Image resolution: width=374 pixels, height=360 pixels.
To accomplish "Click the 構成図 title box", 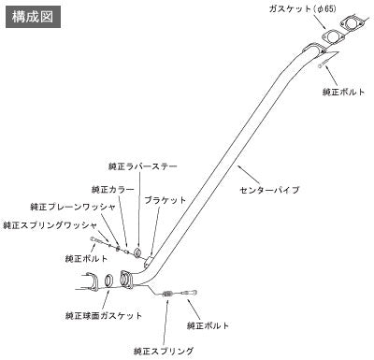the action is (x=33, y=17).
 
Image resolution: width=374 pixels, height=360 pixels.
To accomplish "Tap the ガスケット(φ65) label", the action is (x=303, y=9).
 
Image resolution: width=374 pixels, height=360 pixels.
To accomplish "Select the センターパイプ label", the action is (x=270, y=190).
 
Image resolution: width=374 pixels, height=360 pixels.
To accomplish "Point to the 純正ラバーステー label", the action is (x=143, y=166).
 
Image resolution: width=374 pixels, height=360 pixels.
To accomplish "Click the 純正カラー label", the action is (x=113, y=189).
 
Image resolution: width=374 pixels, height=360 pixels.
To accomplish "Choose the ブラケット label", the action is (x=165, y=200).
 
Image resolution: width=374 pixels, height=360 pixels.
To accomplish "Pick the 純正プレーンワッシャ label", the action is (x=73, y=207).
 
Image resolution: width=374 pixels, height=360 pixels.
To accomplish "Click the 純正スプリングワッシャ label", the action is (x=50, y=225).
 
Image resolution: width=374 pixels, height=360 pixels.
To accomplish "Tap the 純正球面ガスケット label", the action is (x=104, y=316).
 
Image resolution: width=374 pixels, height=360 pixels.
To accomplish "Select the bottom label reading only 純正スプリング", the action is (x=164, y=351).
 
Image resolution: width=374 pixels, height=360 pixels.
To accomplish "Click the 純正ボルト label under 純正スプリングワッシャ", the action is (x=87, y=258).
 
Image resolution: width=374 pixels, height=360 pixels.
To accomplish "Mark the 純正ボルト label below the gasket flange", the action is (x=343, y=92).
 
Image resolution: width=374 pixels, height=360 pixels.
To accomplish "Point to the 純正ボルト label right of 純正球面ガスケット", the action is (x=209, y=325).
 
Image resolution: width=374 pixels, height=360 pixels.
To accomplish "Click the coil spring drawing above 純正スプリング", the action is (x=168, y=294).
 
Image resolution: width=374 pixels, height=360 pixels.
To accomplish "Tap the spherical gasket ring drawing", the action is (x=108, y=281).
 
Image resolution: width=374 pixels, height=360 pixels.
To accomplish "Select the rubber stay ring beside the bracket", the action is (x=137, y=252).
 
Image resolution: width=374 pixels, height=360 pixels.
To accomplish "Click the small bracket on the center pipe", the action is (x=149, y=261).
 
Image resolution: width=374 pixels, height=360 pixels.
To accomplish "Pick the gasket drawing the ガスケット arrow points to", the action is (x=332, y=37).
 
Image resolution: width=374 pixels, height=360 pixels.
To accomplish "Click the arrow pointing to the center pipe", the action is (x=249, y=175).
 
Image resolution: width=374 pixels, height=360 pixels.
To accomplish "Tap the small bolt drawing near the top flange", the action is (x=323, y=65).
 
